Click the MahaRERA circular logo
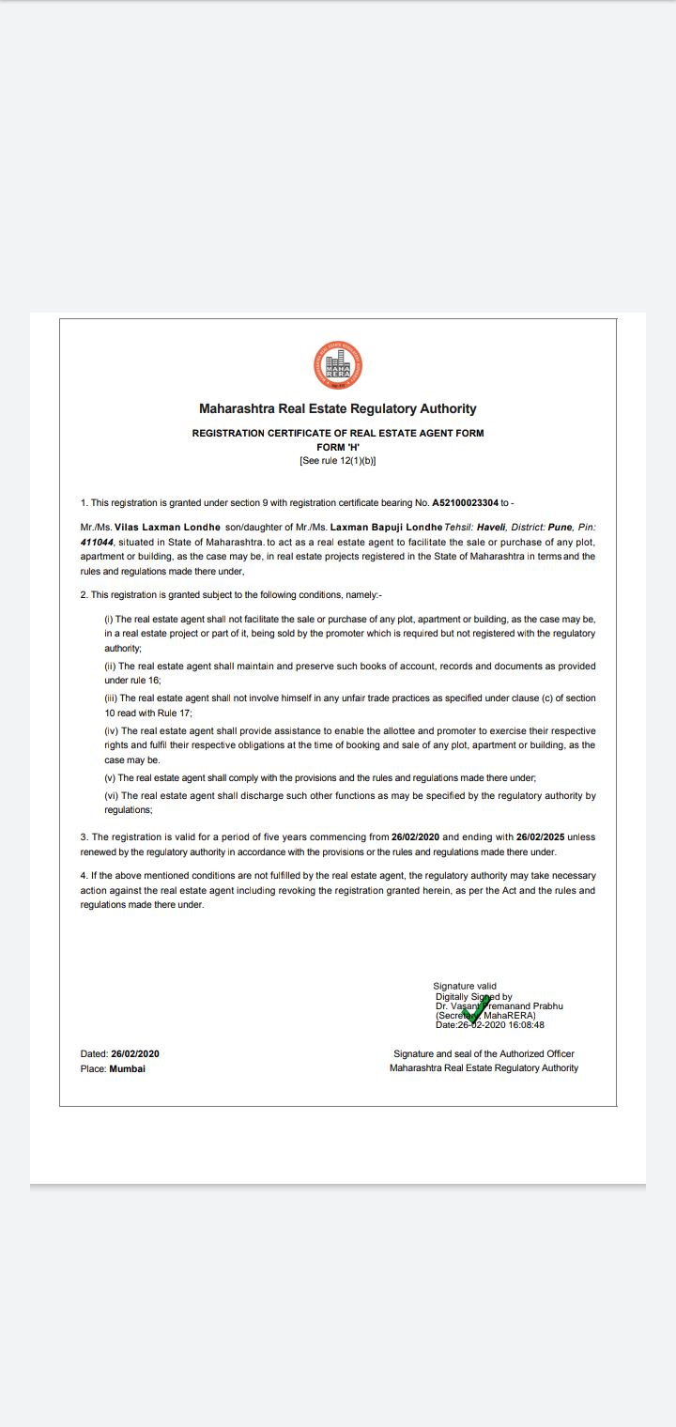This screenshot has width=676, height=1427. click(x=338, y=365)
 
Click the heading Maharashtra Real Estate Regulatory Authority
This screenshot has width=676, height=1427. click(x=338, y=409)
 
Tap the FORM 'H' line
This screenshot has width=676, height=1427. click(x=338, y=447)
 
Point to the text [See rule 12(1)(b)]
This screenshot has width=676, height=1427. click(x=338, y=461)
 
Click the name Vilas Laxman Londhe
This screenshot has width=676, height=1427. click(x=167, y=528)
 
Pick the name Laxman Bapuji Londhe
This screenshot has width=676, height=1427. click(x=386, y=528)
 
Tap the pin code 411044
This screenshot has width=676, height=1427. click(x=97, y=543)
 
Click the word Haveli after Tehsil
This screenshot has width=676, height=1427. click(x=492, y=528)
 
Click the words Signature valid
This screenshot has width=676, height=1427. click(x=465, y=986)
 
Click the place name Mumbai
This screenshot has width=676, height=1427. click(x=128, y=1068)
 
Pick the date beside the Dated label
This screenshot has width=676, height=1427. click(x=135, y=1054)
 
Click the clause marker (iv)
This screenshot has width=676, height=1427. click(x=112, y=731)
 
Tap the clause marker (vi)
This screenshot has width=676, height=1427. click(x=112, y=796)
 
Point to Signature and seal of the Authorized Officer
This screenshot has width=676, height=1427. click(x=484, y=1054)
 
